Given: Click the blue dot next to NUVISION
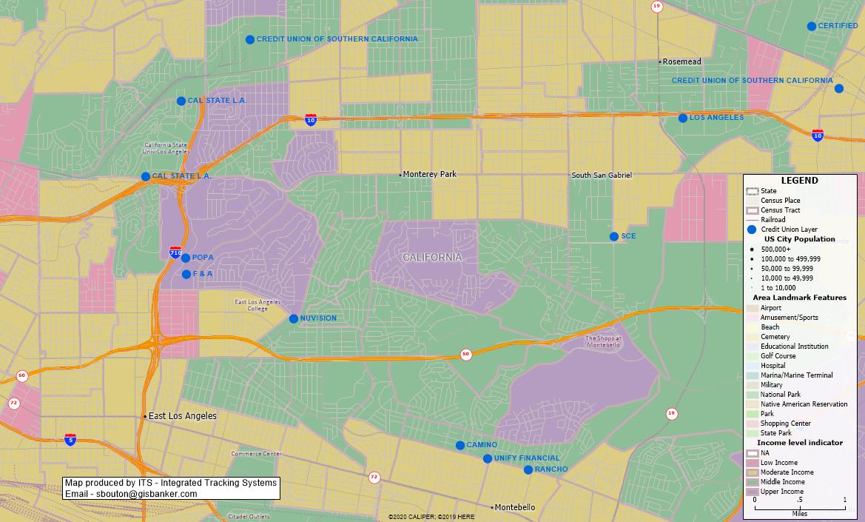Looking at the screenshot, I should click(x=294, y=319).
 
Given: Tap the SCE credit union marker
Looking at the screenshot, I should click(x=614, y=237).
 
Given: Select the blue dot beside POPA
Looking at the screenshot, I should click(x=186, y=258).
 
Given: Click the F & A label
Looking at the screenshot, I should click(x=203, y=274).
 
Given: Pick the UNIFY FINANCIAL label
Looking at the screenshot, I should click(x=527, y=458).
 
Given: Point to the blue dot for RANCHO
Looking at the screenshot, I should click(x=528, y=470).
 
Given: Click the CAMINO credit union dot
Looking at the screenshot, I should click(x=460, y=445).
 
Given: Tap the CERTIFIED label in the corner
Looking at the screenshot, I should click(x=838, y=26).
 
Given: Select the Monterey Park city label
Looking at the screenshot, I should click(x=430, y=175).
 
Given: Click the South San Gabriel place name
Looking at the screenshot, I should click(x=602, y=175).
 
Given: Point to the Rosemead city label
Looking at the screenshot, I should click(x=681, y=61).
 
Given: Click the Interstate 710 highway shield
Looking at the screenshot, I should click(x=175, y=252).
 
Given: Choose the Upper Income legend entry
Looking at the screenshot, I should click(x=781, y=492).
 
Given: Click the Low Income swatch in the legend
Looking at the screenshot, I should click(x=753, y=463).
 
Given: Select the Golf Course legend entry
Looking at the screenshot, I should click(x=775, y=356).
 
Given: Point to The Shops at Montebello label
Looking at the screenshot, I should click(x=603, y=342).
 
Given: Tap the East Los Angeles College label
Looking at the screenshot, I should click(x=258, y=305).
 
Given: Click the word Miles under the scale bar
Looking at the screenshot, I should click(x=799, y=514).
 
